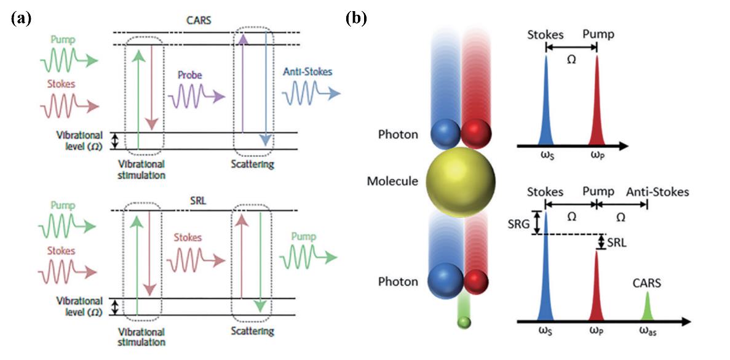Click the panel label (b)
click(356, 18)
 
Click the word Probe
click(190, 75)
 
